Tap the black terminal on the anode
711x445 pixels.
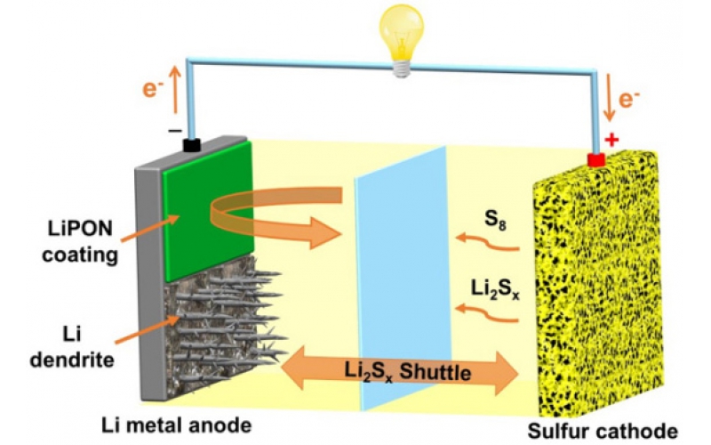click(x=192, y=145)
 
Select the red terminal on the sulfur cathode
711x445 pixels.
click(x=595, y=159)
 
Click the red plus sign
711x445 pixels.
click(x=611, y=140)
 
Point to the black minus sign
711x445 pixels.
click(x=175, y=131)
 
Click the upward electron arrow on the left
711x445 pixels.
click(x=175, y=90)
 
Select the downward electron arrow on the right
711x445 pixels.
click(x=610, y=98)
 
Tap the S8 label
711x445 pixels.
click(x=495, y=220)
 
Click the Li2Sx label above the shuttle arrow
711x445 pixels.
click(x=495, y=290)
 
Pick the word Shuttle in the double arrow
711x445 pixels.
click(x=435, y=372)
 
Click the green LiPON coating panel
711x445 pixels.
click(x=208, y=211)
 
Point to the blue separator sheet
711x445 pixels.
click(x=403, y=278)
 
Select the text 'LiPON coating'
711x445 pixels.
click(x=80, y=241)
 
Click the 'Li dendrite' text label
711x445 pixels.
click(x=72, y=347)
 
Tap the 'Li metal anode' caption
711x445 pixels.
click(x=176, y=425)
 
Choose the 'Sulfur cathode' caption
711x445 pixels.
click(x=603, y=431)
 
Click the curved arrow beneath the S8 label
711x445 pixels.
click(x=487, y=242)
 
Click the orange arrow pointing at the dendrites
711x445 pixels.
click(x=150, y=328)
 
